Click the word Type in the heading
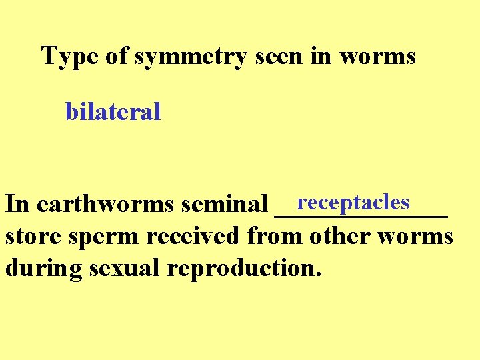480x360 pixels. (66, 56)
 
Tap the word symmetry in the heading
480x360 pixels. (191, 57)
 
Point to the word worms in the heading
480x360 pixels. (377, 56)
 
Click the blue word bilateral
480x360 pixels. (113, 112)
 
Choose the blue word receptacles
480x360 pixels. (353, 201)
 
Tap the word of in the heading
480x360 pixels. (116, 56)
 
